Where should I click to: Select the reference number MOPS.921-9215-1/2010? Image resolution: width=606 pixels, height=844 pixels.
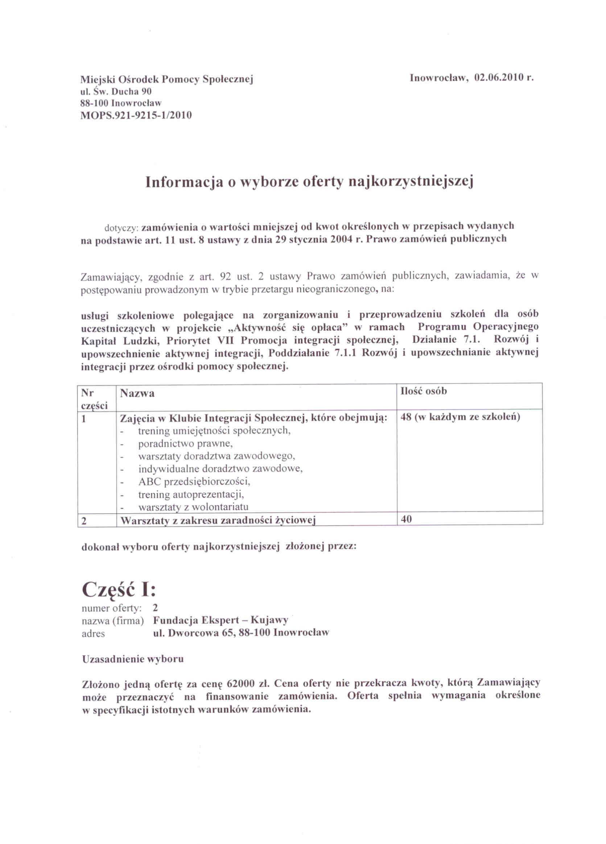coord(136,115)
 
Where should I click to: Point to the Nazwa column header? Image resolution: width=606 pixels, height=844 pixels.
coord(137,394)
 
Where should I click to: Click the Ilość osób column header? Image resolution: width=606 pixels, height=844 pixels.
coord(424,391)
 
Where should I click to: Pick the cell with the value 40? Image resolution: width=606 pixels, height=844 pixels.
coord(407,519)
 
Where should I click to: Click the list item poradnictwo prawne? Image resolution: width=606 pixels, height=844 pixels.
coord(185,444)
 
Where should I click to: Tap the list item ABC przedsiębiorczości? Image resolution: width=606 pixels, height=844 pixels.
coord(194,482)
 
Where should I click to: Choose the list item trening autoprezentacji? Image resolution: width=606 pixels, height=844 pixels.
coord(191,495)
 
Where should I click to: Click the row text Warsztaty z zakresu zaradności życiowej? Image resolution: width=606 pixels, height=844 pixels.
coord(218,521)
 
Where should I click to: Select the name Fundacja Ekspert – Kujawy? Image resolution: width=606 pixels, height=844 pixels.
coord(220,620)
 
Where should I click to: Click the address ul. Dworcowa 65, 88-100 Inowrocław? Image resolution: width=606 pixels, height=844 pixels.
coord(241,633)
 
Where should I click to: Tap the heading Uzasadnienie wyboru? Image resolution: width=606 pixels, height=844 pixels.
coord(133,659)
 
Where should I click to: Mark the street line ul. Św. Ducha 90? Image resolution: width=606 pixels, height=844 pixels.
coord(116,91)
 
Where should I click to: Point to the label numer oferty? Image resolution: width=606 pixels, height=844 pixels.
coord(111,608)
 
